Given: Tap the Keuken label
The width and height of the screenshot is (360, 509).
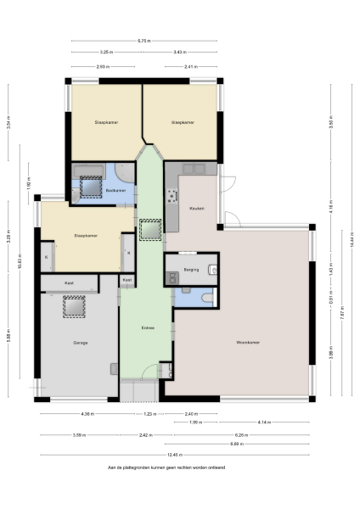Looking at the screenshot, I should coord(196,209).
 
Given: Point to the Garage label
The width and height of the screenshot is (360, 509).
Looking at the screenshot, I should coord(81,344).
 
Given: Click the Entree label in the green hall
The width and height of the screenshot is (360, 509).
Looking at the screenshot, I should coord(148,327).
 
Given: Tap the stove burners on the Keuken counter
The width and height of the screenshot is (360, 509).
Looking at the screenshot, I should coord(172,196).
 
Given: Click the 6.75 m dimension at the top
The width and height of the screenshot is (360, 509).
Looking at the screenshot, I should coord(144,40).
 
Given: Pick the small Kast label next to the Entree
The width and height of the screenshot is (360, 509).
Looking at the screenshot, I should coord(127,279).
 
